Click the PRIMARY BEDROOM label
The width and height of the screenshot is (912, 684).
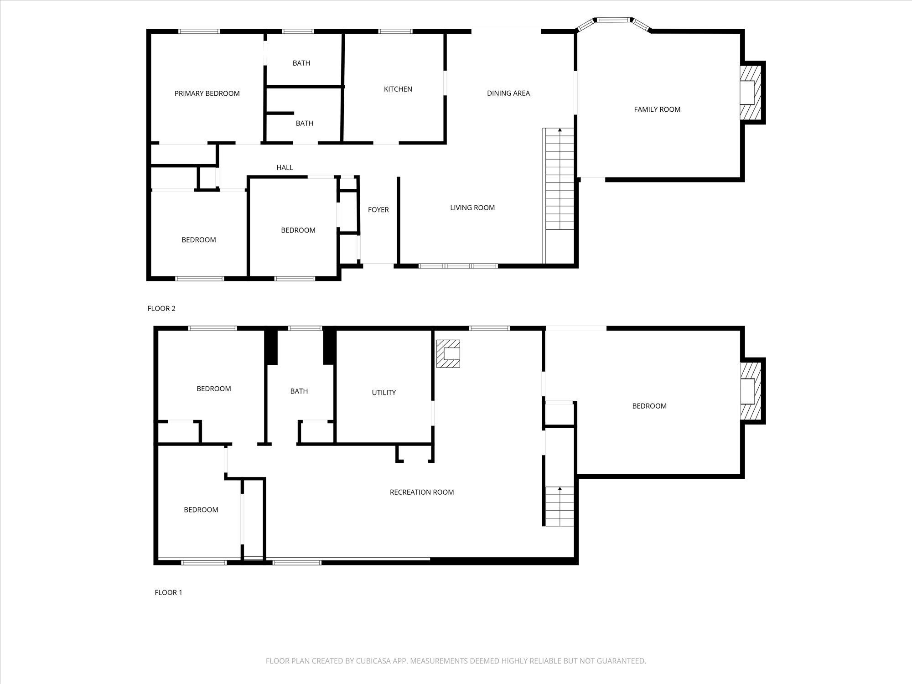pyautogui.click(x=207, y=93)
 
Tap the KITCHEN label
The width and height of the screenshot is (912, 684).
pyautogui.click(x=398, y=89)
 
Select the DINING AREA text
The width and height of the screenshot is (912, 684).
pyautogui.click(x=508, y=93)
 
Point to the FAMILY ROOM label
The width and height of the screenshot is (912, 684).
pyautogui.click(x=657, y=109)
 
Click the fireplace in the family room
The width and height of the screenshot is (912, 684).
pyautogui.click(x=750, y=93)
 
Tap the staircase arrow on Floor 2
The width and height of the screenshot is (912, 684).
pyautogui.click(x=560, y=131)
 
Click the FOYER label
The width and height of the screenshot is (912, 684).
pyautogui.click(x=378, y=210)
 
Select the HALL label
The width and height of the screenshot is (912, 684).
pyautogui.click(x=285, y=167)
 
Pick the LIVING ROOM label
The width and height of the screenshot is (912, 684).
pyautogui.click(x=472, y=207)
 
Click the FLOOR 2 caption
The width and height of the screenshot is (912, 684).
pyautogui.click(x=161, y=308)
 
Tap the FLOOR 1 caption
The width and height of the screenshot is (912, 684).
pyautogui.click(x=168, y=592)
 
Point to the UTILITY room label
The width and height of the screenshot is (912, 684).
pyautogui.click(x=383, y=392)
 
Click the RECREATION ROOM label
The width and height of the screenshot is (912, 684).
pyautogui.click(x=421, y=492)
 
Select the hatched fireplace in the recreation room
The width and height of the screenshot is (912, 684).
pyautogui.click(x=448, y=354)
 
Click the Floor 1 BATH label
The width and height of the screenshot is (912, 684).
pyautogui.click(x=299, y=391)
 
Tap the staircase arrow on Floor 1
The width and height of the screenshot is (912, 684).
pyautogui.click(x=560, y=489)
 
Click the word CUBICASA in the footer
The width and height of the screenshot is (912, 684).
pyautogui.click(x=375, y=661)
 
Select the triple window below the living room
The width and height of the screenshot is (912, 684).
pyautogui.click(x=458, y=265)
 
